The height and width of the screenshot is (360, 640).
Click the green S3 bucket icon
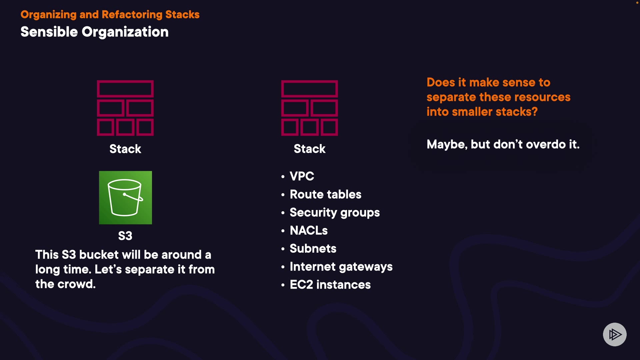coord(125,198)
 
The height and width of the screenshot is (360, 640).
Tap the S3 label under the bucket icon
coord(125,236)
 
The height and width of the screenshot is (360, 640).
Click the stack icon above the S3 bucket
coord(125,108)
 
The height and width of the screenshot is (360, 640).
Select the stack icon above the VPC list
coord(309,108)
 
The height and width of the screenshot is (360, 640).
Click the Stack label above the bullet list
coord(309,149)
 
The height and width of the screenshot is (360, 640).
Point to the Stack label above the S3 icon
coord(125,149)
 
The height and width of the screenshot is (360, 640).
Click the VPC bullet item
coord(302,176)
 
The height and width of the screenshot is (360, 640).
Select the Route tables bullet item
coord(325,194)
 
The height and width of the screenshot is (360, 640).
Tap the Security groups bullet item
coord(335,213)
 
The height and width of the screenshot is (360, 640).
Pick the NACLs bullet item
coord(309,231)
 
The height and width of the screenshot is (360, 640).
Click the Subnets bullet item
coord(313,249)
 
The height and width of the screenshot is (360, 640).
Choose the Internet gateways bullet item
coord(341,267)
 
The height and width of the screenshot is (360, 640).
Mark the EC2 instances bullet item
coord(330,285)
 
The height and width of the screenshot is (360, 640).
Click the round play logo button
coord(615,334)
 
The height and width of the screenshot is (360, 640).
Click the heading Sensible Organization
coord(95,32)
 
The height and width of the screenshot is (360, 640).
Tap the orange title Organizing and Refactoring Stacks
coord(110,15)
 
